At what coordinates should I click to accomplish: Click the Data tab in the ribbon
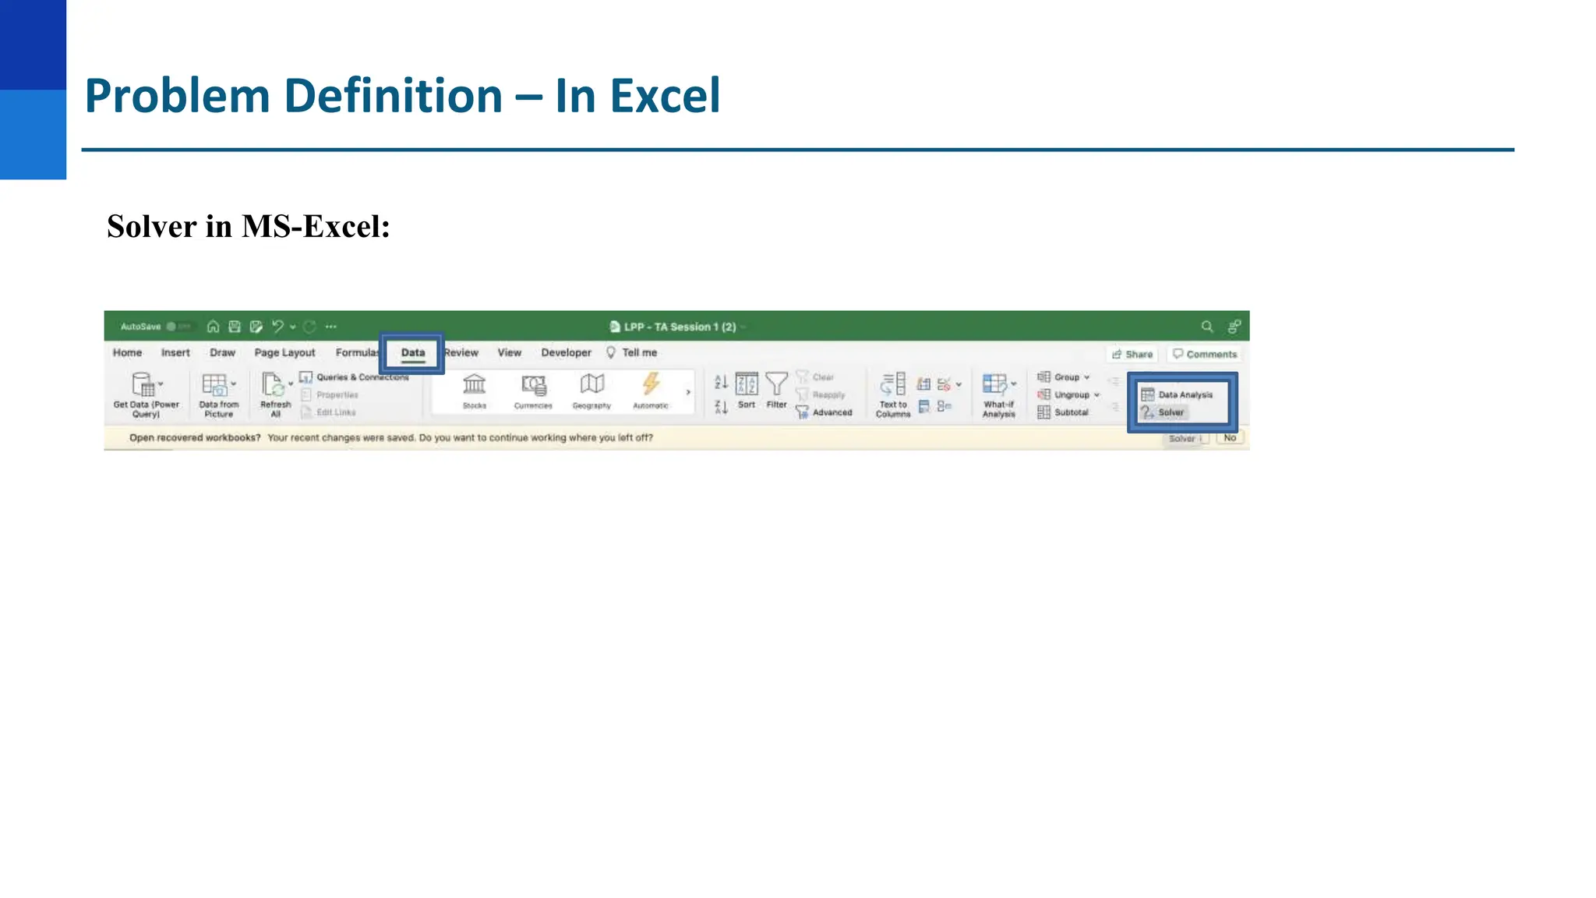tap(413, 353)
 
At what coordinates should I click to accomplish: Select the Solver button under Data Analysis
tap(1170, 412)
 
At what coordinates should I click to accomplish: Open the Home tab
tap(127, 353)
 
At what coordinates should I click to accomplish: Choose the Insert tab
tap(175, 353)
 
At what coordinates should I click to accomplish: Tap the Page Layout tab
tap(284, 353)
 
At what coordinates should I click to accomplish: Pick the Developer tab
tap(566, 353)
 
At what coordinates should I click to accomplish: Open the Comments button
tap(1205, 355)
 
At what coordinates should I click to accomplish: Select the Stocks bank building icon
tap(474, 384)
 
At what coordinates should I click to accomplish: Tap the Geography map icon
tap(591, 384)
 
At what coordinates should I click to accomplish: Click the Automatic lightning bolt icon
tap(651, 384)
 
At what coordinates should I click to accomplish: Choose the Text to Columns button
tap(893, 394)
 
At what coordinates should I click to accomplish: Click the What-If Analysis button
tap(998, 394)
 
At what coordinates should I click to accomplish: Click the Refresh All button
tap(274, 394)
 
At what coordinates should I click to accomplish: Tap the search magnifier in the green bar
tap(1206, 327)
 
